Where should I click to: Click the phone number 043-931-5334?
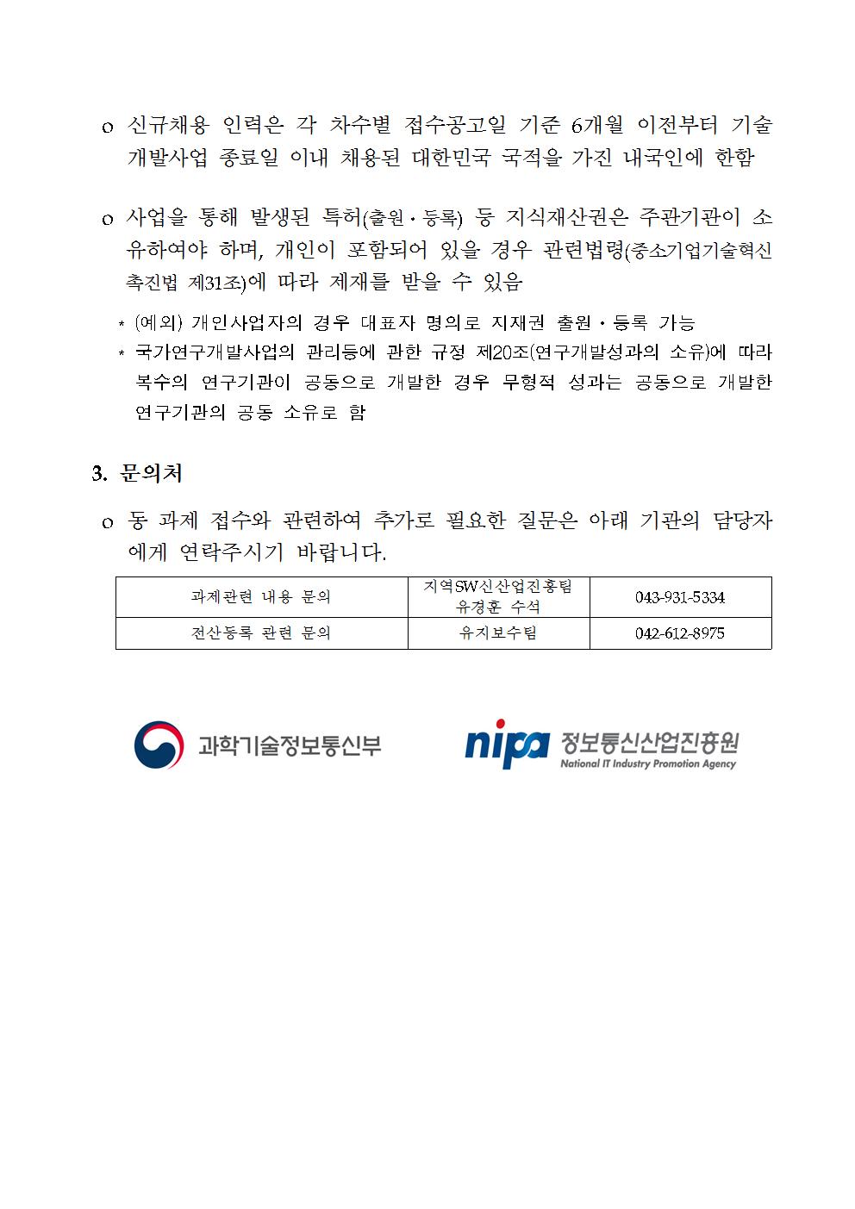[x=679, y=597]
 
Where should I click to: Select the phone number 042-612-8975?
[x=679, y=633]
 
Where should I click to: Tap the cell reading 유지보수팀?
[x=498, y=633]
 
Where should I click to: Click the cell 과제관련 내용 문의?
[x=261, y=596]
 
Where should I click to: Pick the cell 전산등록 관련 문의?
[x=261, y=633]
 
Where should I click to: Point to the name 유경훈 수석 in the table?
[x=498, y=607]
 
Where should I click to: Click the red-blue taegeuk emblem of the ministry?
[x=159, y=745]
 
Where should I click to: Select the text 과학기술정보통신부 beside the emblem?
[x=290, y=745]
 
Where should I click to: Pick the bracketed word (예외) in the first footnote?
[x=159, y=323]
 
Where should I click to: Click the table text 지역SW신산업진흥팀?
[x=498, y=587]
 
